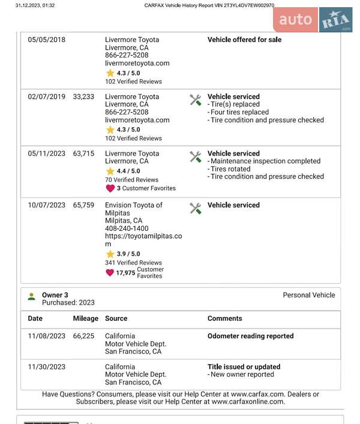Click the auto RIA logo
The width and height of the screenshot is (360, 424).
[313, 20]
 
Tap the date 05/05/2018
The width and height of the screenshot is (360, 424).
[47, 40]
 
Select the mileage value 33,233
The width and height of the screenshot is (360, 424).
[83, 97]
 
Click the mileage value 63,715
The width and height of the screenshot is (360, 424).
[83, 154]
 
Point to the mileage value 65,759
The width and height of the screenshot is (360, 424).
[83, 205]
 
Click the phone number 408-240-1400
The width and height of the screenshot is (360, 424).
[127, 228]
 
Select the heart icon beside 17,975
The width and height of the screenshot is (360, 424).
[110, 273]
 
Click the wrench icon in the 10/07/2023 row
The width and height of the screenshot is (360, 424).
[196, 208]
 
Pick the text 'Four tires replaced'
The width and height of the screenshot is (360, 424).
[239, 112]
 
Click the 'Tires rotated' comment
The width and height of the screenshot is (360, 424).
[230, 169]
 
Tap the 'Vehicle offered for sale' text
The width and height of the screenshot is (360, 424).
[244, 40]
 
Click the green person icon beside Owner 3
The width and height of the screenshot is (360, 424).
[32, 296]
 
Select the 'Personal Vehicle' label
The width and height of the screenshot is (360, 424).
[309, 295]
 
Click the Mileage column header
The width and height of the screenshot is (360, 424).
[85, 318]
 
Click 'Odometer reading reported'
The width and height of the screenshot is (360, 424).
[250, 336]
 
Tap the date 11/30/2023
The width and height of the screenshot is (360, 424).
[47, 366]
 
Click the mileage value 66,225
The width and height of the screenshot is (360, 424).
[83, 336]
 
